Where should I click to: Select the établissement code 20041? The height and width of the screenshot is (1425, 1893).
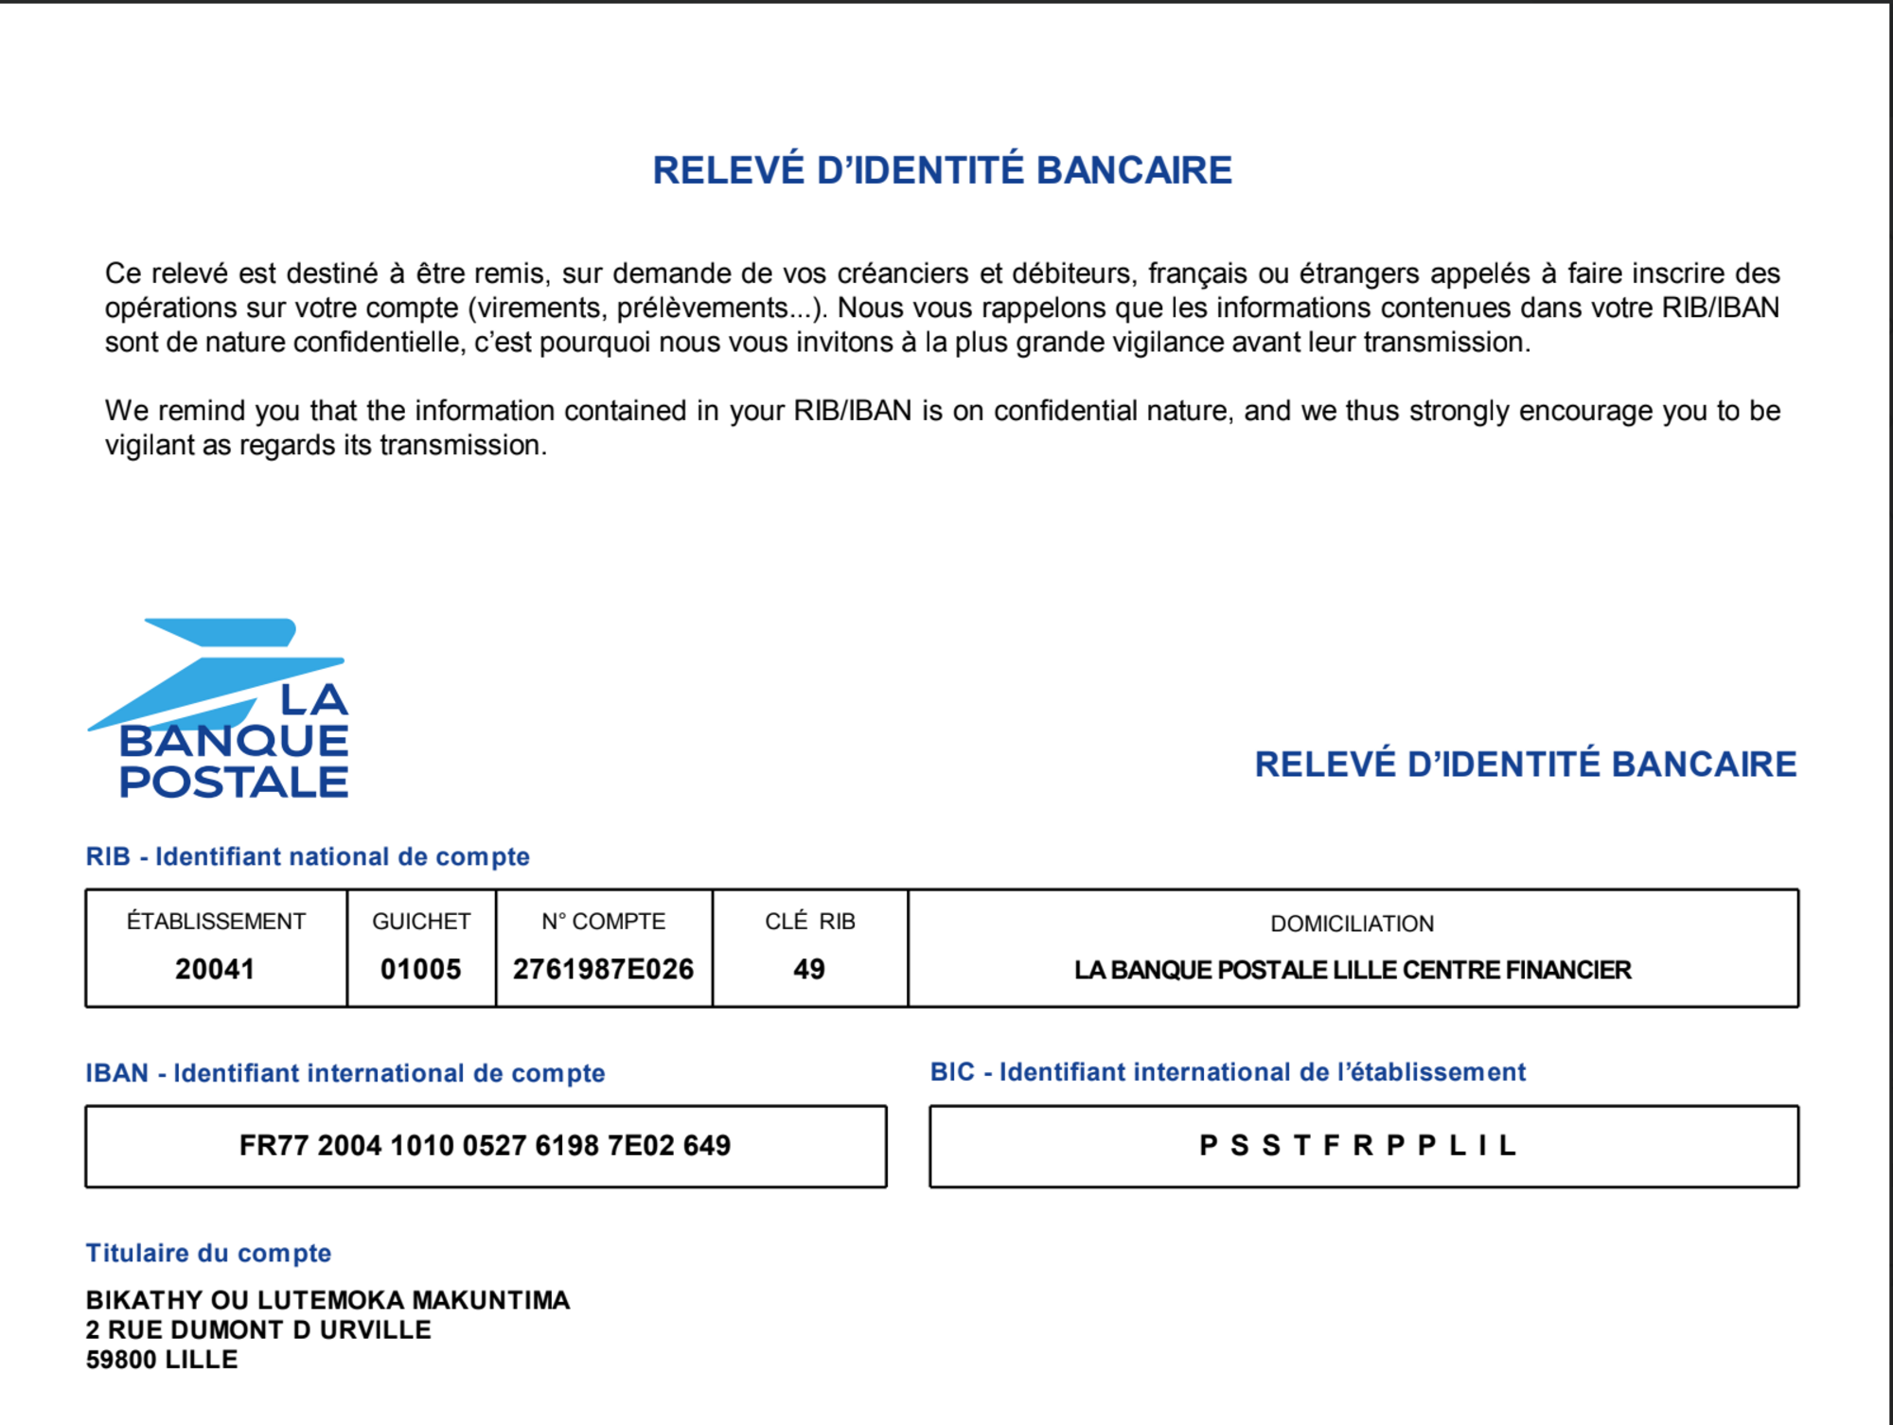tap(215, 969)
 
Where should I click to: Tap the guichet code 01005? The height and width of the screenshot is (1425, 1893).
tap(420, 969)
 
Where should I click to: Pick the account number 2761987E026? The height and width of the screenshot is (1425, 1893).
tap(603, 969)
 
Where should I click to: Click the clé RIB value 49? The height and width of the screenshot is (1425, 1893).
tap(809, 969)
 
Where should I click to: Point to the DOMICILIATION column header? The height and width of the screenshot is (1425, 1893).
tap(1352, 924)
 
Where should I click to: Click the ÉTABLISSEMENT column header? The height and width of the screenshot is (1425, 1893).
tap(216, 922)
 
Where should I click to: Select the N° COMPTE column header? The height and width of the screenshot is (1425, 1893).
tap(603, 922)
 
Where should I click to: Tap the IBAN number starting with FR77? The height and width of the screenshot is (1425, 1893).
tap(485, 1146)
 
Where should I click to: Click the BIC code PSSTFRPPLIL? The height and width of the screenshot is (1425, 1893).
tap(1358, 1146)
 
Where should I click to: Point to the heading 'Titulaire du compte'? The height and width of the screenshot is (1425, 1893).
tap(208, 1253)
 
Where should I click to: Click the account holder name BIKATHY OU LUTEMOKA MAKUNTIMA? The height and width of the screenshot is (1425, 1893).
tap(327, 1300)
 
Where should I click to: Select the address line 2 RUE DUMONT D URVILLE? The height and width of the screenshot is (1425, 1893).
tap(258, 1329)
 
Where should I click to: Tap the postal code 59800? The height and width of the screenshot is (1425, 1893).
tap(121, 1360)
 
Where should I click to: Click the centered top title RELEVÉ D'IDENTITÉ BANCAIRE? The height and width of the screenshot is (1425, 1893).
tap(942, 170)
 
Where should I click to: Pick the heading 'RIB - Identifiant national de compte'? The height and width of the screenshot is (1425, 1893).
tap(308, 856)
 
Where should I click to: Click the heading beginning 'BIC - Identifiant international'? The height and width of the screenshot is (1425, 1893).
tap(1228, 1072)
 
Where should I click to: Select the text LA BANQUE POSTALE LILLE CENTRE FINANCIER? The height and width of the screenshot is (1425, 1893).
tap(1352, 970)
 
